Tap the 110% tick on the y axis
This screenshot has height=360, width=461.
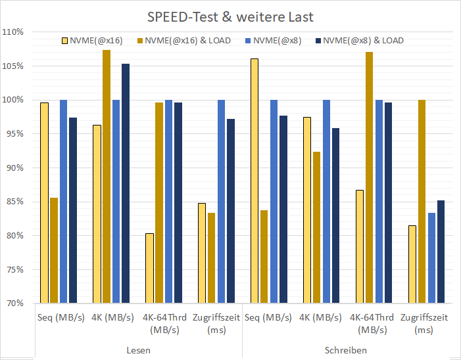point(13,32)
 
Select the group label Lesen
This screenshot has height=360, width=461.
point(138,350)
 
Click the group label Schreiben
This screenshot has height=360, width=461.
point(346,350)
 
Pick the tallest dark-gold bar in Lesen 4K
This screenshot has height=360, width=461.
point(107,177)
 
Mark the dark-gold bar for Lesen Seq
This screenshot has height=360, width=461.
point(54,250)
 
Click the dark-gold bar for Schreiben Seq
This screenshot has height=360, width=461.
point(264,256)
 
